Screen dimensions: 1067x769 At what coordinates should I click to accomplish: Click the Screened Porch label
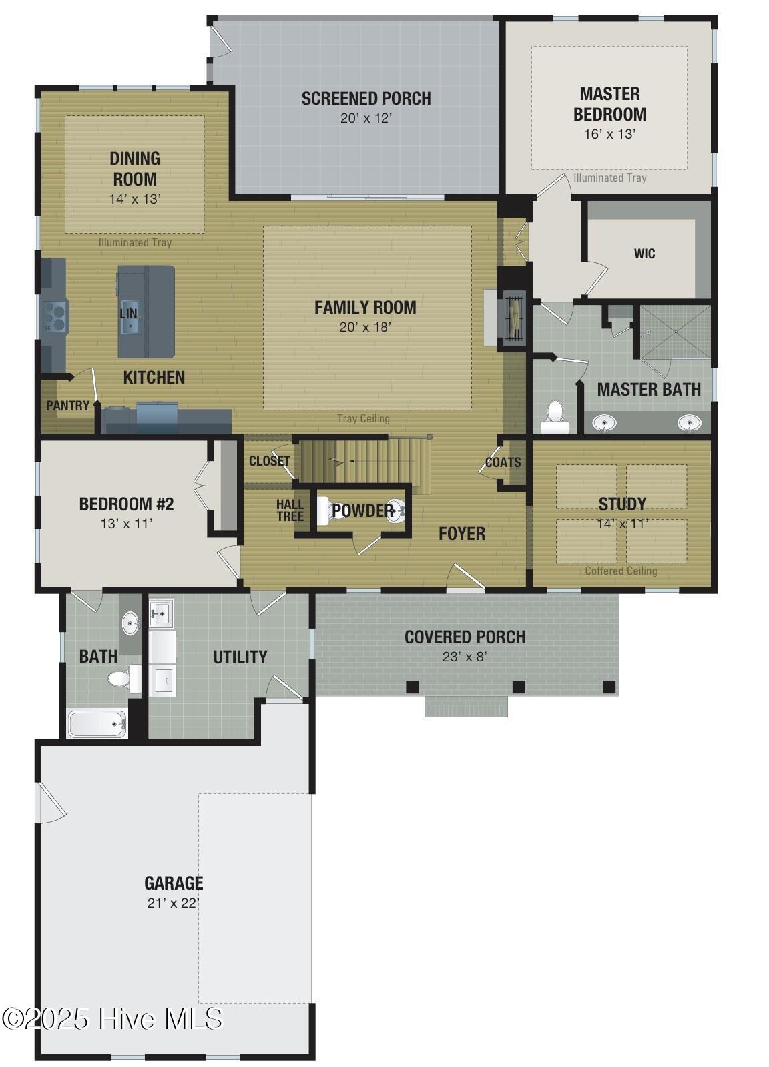tap(366, 99)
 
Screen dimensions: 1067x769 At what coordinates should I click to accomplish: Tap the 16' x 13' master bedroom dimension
tap(609, 134)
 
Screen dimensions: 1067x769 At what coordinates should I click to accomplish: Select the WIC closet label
tap(644, 254)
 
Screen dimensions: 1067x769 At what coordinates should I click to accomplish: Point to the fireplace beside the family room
tap(514, 318)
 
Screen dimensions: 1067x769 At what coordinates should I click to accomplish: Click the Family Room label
tap(365, 308)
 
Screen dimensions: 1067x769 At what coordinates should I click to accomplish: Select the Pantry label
tap(67, 405)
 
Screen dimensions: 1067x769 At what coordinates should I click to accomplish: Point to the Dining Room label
tap(135, 169)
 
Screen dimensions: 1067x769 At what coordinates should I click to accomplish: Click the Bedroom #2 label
tap(126, 504)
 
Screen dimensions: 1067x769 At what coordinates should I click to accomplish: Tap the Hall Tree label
tap(290, 510)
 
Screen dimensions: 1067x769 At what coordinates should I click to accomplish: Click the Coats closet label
tap(503, 462)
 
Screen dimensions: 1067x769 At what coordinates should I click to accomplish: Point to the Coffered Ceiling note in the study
tap(621, 571)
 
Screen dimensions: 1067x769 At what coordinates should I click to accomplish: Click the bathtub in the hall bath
tap(97, 724)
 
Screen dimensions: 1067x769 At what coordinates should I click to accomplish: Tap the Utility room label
tap(240, 657)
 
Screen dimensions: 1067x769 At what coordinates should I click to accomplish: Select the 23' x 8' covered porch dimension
tap(465, 657)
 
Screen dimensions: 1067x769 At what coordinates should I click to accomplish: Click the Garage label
tap(174, 883)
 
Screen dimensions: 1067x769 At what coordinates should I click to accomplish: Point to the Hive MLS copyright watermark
tap(112, 1018)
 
